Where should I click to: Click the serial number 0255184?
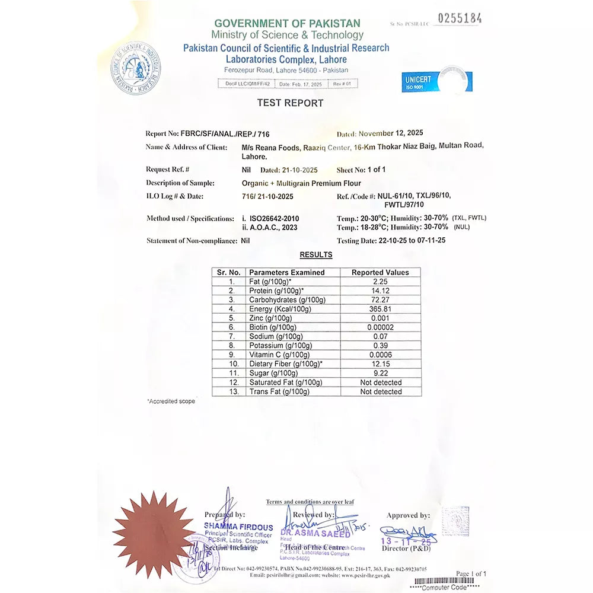pos(460,18)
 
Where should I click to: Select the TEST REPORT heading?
pos(290,103)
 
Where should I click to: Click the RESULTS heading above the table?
pos(315,255)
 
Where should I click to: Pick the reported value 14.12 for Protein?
pos(380,291)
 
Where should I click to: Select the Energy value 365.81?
pos(380,309)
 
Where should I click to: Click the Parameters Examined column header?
pos(287,272)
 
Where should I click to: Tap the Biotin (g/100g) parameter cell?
pos(273,327)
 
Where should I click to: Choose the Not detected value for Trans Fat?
pos(381,392)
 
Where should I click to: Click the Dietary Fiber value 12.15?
pos(380,364)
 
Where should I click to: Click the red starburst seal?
pos(154,534)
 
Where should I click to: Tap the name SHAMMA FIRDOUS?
pos(238,527)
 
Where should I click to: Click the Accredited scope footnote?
pos(171,401)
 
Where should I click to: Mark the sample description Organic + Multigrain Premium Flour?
pos(297,183)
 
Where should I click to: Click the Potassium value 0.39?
pos(380,346)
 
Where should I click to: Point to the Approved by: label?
pos(408,515)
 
